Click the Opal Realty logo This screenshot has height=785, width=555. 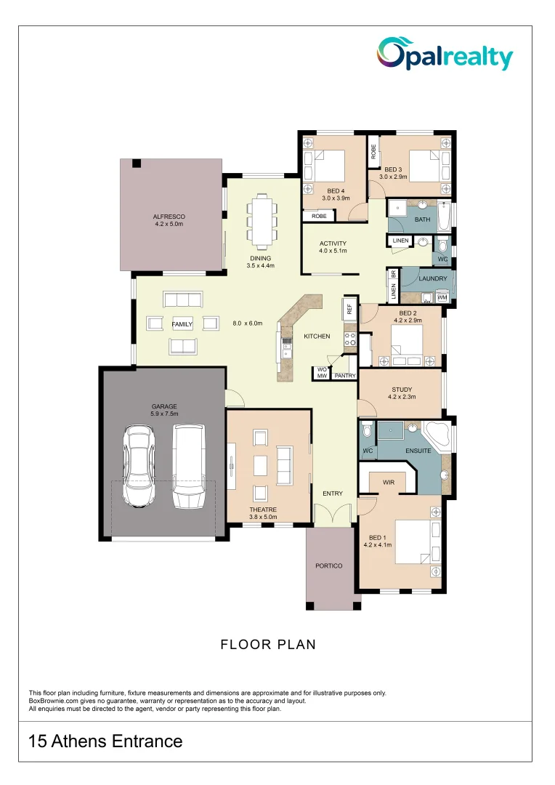point(445,55)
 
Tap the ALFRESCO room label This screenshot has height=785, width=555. point(169,217)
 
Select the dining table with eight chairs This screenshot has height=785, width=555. point(260,220)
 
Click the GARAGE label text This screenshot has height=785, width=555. point(163,406)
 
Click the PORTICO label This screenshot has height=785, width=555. point(328,565)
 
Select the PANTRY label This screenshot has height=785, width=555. point(344,376)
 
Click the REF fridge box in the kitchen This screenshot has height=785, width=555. point(349,309)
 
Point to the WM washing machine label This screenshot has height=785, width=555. point(442,298)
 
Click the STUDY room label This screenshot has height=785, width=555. point(402,390)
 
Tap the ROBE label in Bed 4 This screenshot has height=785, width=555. point(319,216)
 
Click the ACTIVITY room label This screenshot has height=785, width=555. point(333,243)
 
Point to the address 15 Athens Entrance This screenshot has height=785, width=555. point(105,741)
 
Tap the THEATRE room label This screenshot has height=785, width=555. point(263,510)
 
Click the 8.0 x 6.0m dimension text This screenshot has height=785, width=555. point(246,323)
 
